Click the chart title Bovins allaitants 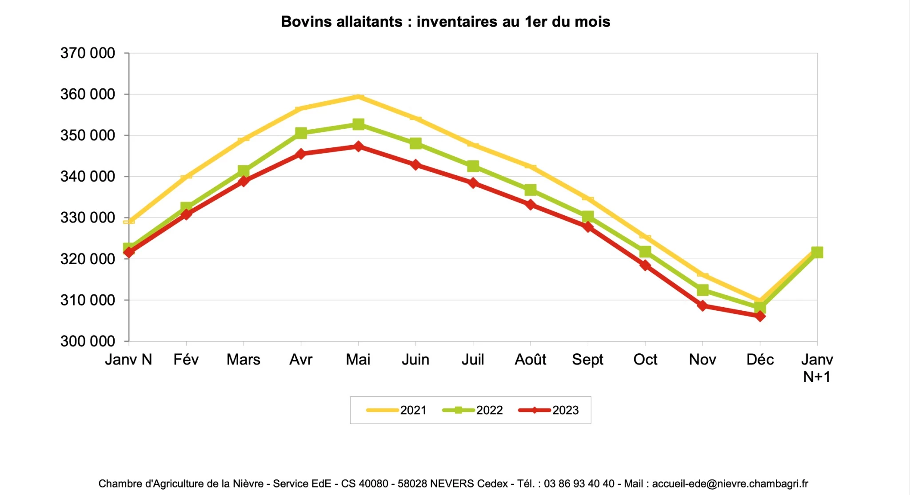(x=445, y=22)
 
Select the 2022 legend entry (x=473, y=410)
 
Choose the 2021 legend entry (x=396, y=410)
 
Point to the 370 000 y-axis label (x=88, y=53)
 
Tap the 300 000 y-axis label (x=88, y=341)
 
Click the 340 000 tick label (x=88, y=177)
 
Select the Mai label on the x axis (x=358, y=360)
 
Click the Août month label (x=530, y=360)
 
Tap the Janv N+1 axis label (x=817, y=368)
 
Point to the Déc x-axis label (x=760, y=360)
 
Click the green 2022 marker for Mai (x=359, y=124)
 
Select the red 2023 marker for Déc (x=760, y=316)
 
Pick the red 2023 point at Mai (x=359, y=146)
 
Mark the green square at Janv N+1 (x=817, y=252)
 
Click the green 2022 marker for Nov (x=702, y=290)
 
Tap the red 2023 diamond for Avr (x=301, y=154)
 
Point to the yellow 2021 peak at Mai (x=359, y=97)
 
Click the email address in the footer (x=730, y=484)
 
